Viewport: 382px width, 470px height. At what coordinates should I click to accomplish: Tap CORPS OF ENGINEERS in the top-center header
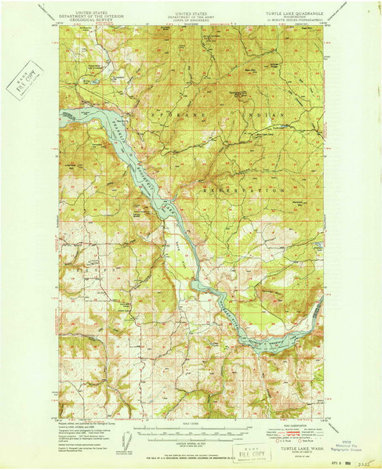(x=191, y=21)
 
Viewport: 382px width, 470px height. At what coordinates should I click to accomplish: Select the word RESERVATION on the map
(x=243, y=190)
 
